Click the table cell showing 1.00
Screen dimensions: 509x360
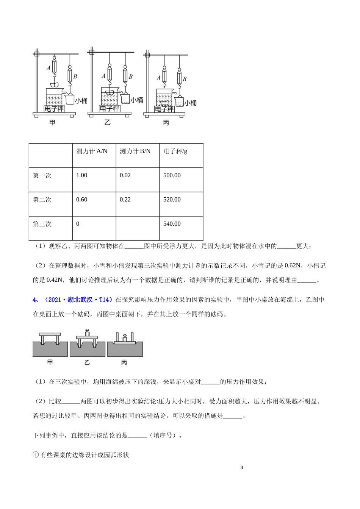(x=82, y=175)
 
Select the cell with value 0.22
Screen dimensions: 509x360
(x=125, y=200)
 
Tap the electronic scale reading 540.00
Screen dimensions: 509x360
(x=172, y=224)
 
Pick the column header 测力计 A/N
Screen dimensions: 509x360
(x=92, y=151)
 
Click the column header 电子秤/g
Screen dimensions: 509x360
(x=175, y=151)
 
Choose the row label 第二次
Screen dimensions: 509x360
(x=42, y=200)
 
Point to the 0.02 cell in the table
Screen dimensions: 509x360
(x=125, y=175)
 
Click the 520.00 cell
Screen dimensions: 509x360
(x=172, y=200)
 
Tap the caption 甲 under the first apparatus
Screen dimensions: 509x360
(x=52, y=123)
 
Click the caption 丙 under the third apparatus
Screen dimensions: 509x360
(x=166, y=123)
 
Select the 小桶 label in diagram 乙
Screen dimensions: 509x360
(x=137, y=100)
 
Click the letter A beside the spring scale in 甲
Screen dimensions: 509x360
(x=48, y=68)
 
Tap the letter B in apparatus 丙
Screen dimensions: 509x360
(x=185, y=79)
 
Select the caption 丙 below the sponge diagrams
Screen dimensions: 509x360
(x=124, y=362)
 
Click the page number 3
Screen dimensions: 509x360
(x=242, y=468)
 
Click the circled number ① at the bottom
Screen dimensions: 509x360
(x=36, y=455)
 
